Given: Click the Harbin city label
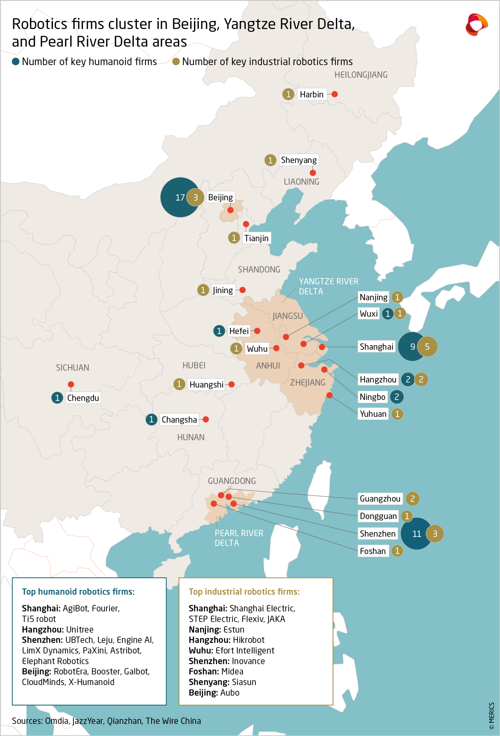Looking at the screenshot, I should click(311, 94).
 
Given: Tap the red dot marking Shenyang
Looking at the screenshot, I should click(313, 173).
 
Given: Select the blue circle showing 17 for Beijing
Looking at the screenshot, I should click(176, 197).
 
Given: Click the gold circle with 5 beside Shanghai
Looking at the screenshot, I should click(427, 347).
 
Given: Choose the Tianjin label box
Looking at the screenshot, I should click(256, 238).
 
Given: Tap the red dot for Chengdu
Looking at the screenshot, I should click(71, 384).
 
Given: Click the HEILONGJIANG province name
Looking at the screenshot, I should click(361, 75).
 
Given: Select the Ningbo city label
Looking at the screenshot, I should click(373, 397).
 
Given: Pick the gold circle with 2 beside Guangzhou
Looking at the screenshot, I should click(412, 499).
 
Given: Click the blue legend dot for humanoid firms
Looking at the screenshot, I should click(16, 62).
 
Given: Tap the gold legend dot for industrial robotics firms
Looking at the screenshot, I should click(176, 62).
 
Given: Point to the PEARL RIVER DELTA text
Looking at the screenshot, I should click(239, 538).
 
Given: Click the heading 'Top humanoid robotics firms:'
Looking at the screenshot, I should click(78, 592).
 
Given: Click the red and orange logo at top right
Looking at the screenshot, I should click(476, 24).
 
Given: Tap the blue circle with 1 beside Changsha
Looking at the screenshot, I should click(151, 420).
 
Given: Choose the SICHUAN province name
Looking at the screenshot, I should click(72, 367).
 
